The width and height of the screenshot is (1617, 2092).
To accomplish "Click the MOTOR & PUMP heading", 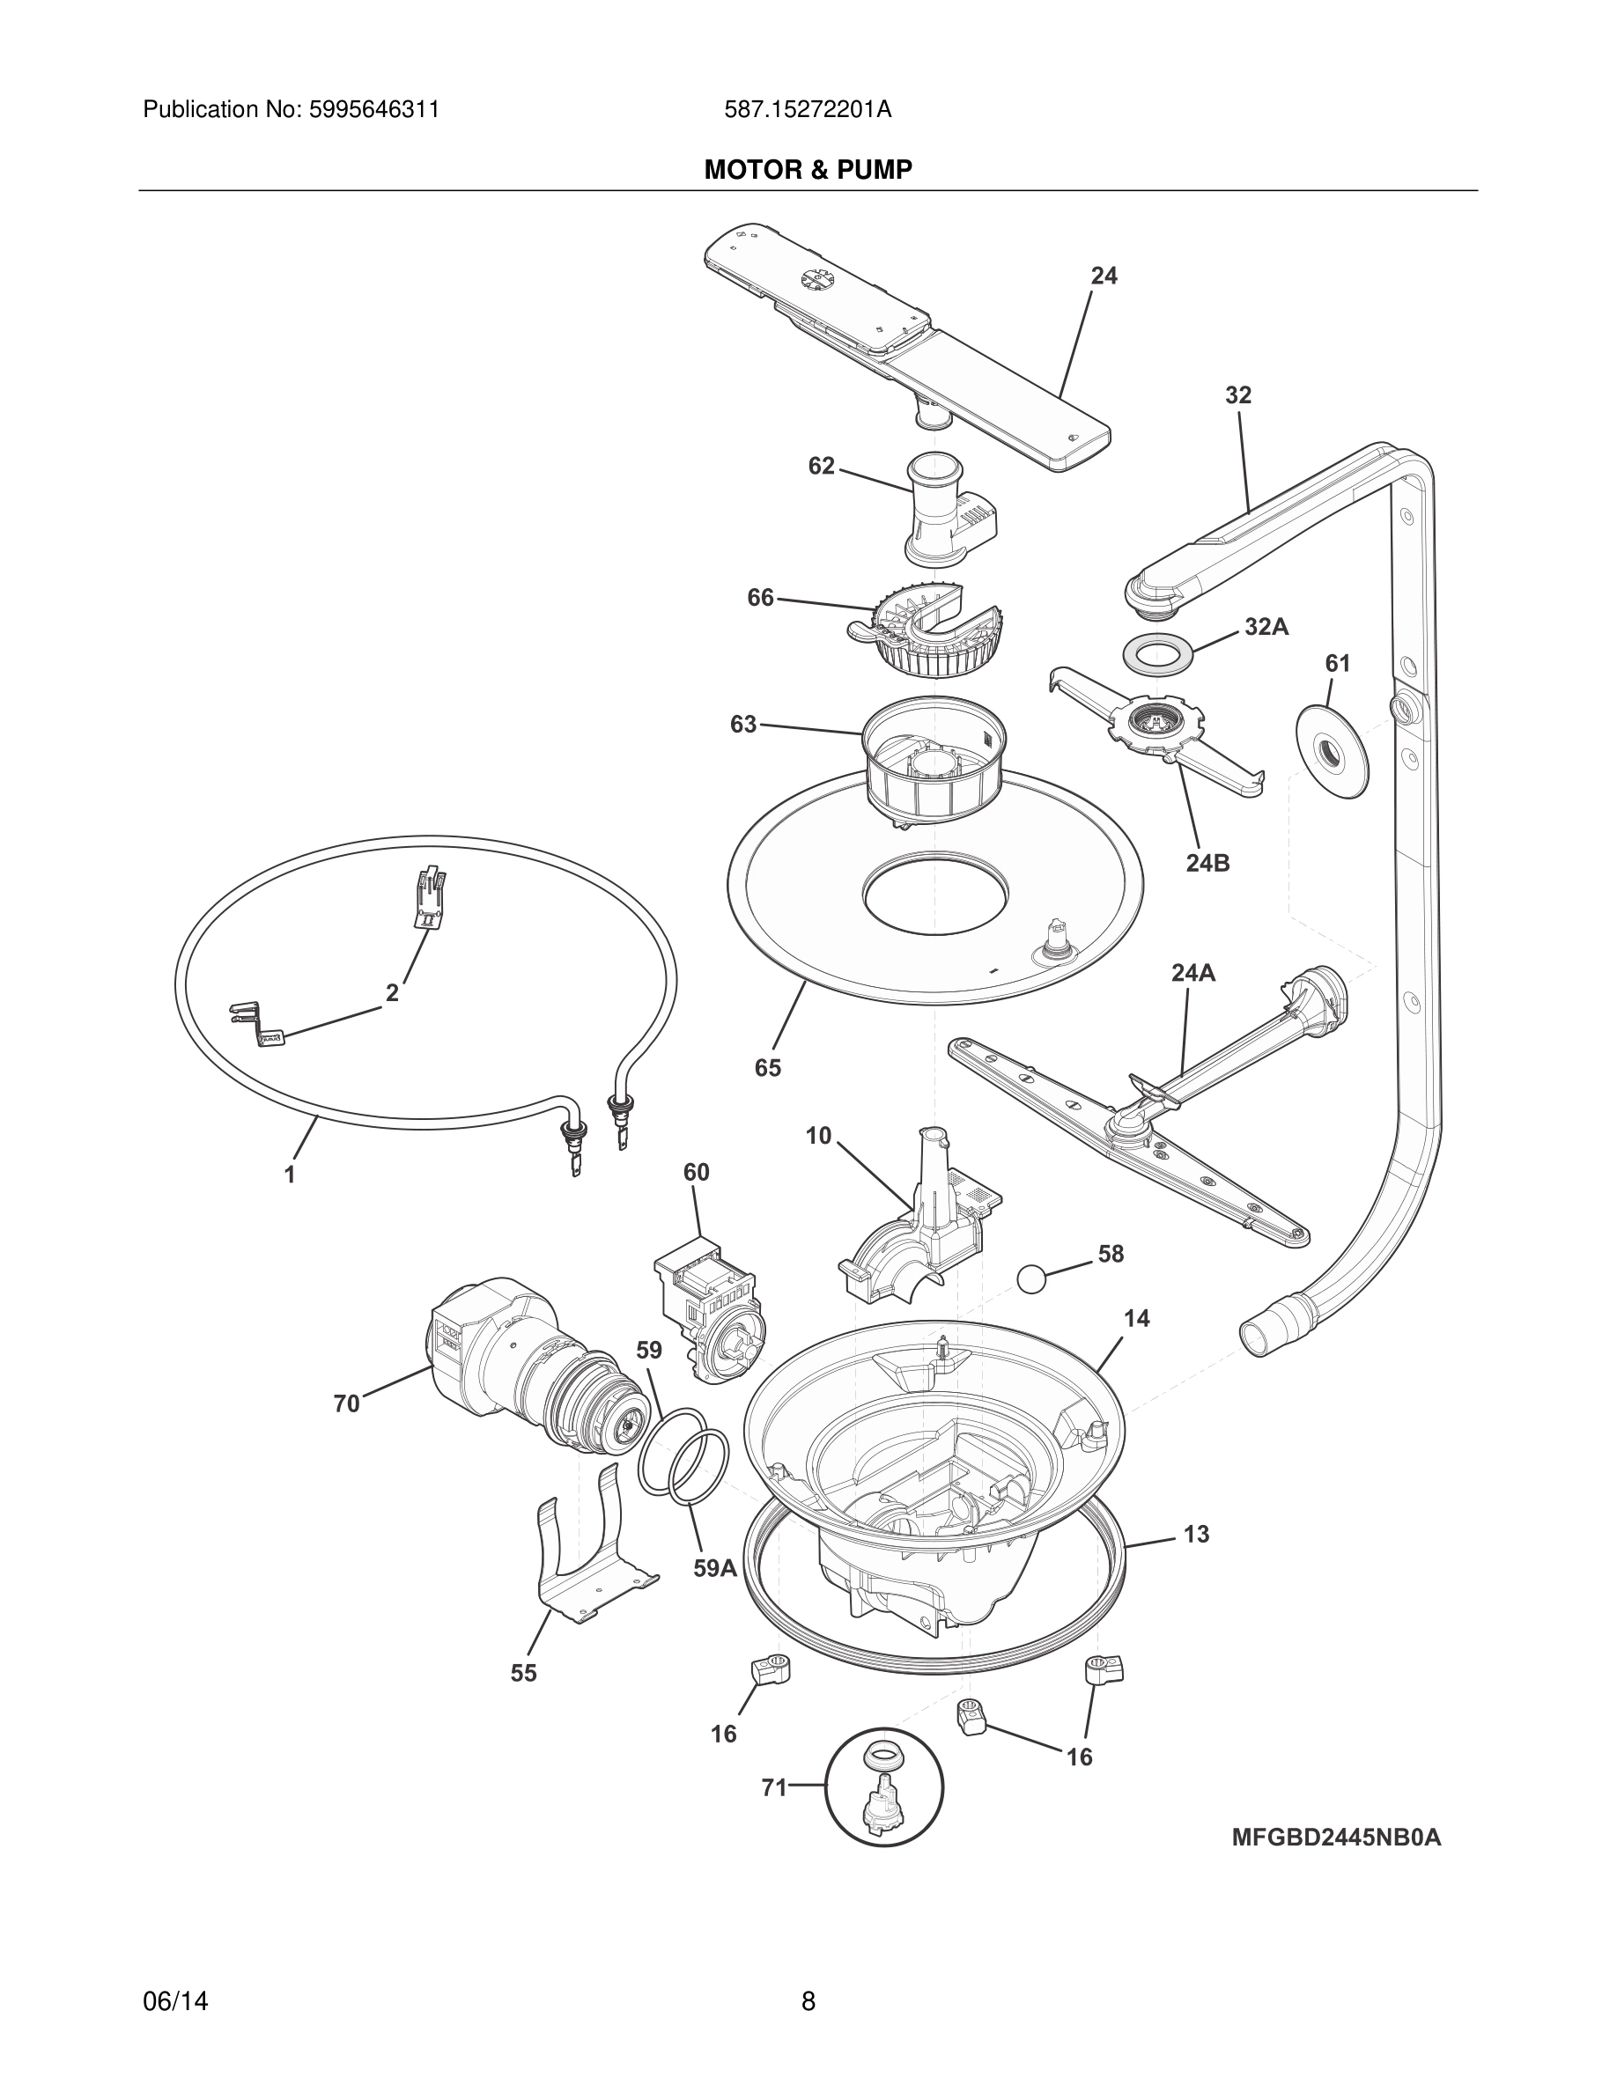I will tap(808, 170).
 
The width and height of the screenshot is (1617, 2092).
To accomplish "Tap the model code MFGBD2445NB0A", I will tap(1335, 1838).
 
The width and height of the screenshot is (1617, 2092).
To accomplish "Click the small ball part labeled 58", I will tap(1030, 1278).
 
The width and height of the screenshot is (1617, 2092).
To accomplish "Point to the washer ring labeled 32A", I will tap(1160, 657).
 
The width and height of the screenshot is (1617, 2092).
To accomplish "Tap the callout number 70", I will tap(347, 1403).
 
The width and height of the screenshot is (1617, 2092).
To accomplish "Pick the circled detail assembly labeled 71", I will tap(884, 1788).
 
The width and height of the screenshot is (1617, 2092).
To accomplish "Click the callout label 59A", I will tap(714, 1568).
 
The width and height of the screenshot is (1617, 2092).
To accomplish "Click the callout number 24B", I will tap(1207, 862).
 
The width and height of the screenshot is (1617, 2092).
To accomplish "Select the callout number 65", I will tap(768, 1067).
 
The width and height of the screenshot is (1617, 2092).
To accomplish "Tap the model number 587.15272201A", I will tap(808, 110).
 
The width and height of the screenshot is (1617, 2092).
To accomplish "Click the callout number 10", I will tap(818, 1135).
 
